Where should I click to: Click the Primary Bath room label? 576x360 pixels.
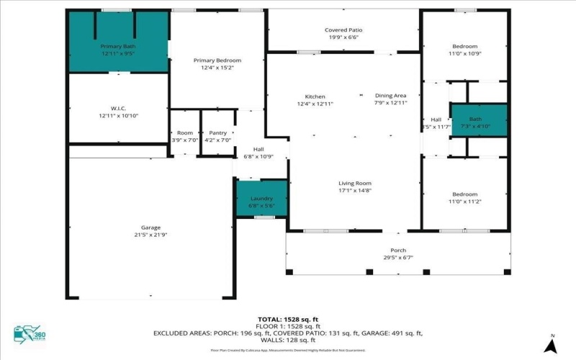click(118, 46)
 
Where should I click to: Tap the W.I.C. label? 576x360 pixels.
click(118, 109)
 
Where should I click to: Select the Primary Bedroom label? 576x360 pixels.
click(217, 60)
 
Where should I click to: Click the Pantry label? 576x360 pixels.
click(217, 133)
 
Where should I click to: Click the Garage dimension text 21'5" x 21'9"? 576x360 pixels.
click(150, 235)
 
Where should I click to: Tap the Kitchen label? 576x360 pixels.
click(315, 96)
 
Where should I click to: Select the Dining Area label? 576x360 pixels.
click(391, 96)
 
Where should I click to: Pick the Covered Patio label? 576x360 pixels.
click(345, 30)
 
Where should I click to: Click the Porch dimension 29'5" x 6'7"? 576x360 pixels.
click(397, 258)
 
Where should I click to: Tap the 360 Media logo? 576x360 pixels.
click(28, 335)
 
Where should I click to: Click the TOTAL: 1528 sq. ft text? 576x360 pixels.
click(287, 318)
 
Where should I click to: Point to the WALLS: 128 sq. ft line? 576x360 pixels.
click(287, 340)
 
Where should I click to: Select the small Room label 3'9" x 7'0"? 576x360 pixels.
click(185, 133)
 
